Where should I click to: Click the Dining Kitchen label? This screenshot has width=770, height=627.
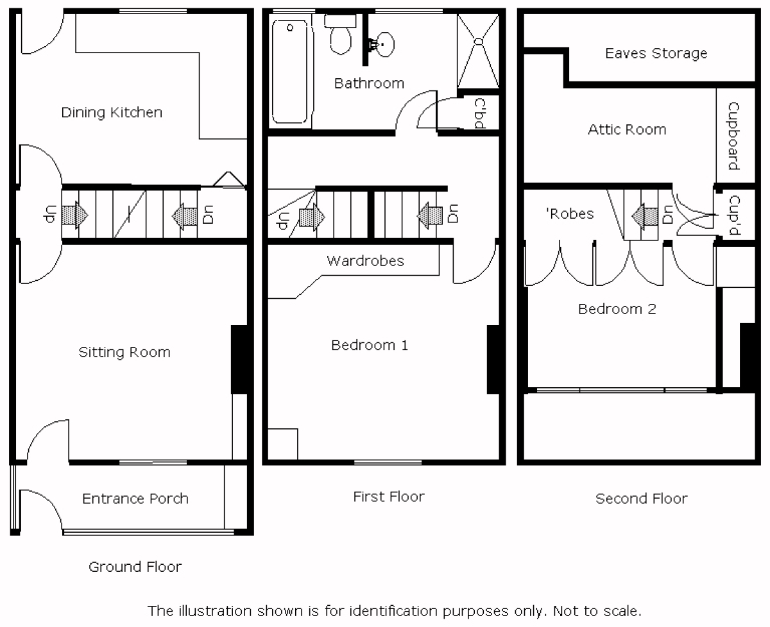tap(112, 113)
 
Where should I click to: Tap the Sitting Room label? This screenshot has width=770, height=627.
tap(124, 352)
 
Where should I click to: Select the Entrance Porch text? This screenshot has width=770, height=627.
tap(135, 499)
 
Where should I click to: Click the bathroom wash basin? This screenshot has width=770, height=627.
tap(384, 45)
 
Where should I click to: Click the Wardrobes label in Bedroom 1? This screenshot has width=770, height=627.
tap(365, 261)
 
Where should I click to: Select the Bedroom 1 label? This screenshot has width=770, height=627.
tap(370, 345)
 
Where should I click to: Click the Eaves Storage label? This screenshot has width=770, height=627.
tap(656, 53)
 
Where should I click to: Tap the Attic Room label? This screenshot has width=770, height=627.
tap(627, 130)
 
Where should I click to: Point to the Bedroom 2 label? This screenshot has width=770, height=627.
tap(617, 309)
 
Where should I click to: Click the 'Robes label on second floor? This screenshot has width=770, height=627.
tap(570, 213)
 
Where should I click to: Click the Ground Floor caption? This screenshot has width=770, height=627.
tap(135, 567)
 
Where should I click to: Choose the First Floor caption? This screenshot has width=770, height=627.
tap(389, 496)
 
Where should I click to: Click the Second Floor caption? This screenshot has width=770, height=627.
tap(641, 499)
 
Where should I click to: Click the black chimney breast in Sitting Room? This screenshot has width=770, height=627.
tap(239, 359)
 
